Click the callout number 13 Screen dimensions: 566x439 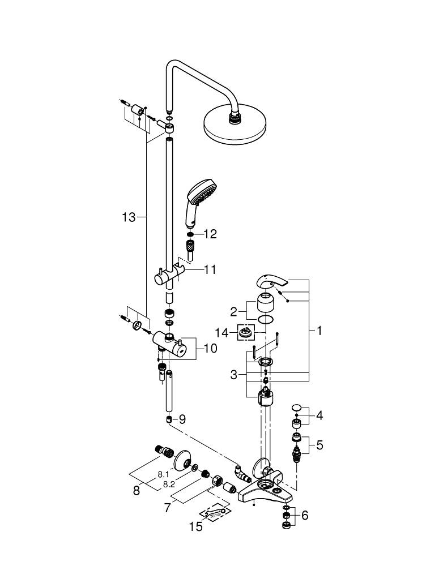129,217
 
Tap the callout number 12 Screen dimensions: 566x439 210,234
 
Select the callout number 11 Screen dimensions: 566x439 210,270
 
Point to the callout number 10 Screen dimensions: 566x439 210,349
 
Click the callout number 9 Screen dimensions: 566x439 182,419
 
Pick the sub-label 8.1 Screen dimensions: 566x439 164,474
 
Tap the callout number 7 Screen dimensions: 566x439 167,508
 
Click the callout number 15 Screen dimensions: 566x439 196,527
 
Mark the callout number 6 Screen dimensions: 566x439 305,516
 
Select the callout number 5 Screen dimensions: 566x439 319,445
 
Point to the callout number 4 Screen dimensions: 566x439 319,416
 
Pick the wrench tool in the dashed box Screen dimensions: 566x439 214,514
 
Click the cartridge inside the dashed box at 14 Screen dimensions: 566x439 245,333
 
